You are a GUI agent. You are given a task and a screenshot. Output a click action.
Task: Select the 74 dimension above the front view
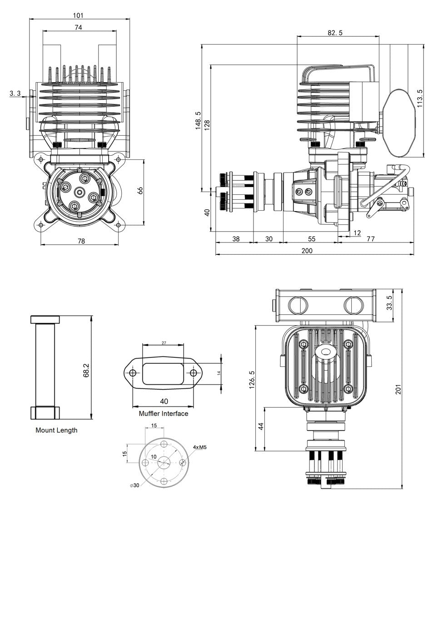tap(78, 27)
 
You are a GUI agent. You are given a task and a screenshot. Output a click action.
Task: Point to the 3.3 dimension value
tap(15, 94)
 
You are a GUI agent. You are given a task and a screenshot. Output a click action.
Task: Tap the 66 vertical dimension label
tap(140, 191)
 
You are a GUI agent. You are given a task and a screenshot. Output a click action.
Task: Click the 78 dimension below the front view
tap(81, 241)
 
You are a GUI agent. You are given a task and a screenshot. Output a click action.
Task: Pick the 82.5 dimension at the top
tap(334, 33)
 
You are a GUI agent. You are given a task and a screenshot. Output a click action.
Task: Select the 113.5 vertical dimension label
tap(419, 98)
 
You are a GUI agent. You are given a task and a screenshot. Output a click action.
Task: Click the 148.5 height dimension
tap(198, 121)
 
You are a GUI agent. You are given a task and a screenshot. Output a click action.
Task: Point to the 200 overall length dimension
tap(307, 251)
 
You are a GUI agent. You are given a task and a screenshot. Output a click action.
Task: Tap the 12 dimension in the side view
tap(357, 233)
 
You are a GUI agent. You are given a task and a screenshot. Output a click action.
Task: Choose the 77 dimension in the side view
tap(370, 239)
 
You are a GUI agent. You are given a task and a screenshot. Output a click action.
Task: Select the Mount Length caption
tap(56, 430)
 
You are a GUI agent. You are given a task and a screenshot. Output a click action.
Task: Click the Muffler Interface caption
tap(163, 414)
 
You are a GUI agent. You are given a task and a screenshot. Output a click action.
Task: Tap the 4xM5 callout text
tap(199, 447)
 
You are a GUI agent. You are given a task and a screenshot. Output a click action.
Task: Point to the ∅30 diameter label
tap(134, 485)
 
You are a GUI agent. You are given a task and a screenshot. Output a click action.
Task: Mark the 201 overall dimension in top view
tap(398, 390)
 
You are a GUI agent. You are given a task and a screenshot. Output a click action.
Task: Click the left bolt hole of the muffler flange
tap(133, 373)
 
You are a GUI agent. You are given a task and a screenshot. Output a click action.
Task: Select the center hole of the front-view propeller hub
tap(80, 193)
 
